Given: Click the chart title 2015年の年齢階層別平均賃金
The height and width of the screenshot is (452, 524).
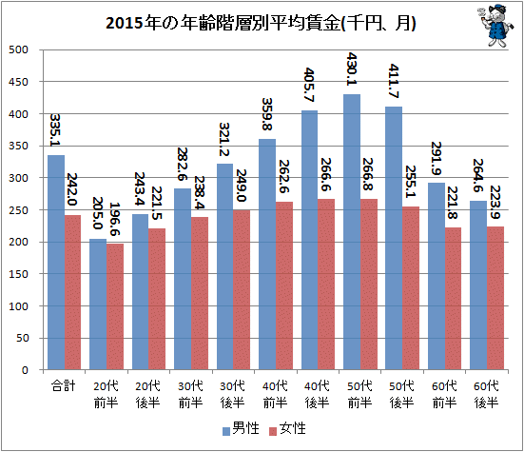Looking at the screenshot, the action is coord(261,24).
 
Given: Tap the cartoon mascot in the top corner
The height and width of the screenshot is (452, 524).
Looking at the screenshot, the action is coord(495,26).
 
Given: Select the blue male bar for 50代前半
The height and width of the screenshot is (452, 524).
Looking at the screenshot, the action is coord(352,231).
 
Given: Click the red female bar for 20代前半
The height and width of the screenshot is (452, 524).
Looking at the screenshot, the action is coord(115,306).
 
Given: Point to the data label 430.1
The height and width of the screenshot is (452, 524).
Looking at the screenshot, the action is coord(352,69).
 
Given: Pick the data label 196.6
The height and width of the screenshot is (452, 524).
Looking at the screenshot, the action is coord(115,219).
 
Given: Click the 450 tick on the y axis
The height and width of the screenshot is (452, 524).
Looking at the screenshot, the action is coord(18,82).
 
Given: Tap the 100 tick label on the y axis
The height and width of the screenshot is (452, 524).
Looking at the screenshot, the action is coord(18,306).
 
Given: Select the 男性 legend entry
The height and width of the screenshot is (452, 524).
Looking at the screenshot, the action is coord(241,428).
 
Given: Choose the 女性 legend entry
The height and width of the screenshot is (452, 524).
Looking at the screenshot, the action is coord(287,428).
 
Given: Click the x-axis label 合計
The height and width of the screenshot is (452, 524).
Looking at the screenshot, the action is coord(63,386).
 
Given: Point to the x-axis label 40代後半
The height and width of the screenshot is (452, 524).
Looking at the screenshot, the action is coord(317,395).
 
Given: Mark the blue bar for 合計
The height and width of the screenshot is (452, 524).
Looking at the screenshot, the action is coord(56,262).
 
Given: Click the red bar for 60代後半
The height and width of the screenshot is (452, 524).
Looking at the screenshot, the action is coord(495,298).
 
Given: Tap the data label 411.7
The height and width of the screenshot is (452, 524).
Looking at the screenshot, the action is coord(394,81).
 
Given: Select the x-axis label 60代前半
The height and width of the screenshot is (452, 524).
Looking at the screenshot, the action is coord(444,395).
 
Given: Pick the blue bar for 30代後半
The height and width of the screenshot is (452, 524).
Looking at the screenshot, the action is coord(225,266).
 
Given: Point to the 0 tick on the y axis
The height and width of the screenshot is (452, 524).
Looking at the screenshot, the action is coord(25,370).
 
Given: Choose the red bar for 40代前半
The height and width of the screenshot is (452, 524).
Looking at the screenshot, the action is coord(284,285).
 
